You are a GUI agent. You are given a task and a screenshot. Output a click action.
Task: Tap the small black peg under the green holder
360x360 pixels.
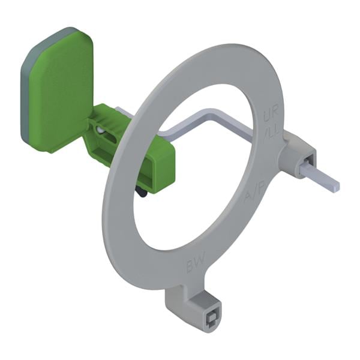(141, 193)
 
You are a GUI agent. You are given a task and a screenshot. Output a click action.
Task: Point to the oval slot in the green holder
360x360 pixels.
(110, 139)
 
